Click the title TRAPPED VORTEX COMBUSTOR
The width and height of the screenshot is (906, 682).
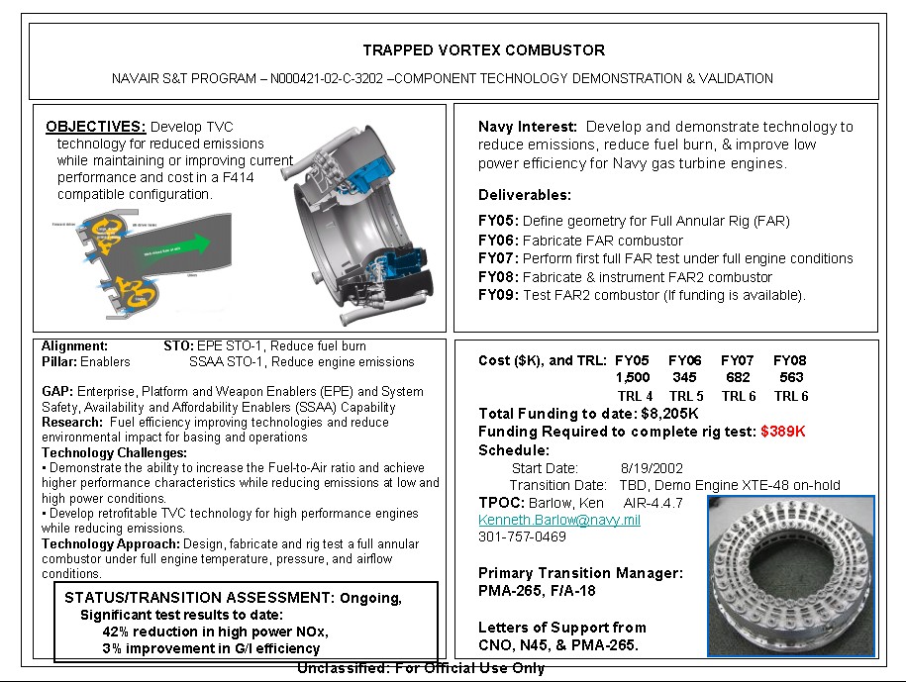click(x=483, y=50)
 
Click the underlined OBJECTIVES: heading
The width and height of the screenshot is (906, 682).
click(x=96, y=127)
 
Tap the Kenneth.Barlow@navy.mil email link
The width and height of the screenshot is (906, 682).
click(x=558, y=520)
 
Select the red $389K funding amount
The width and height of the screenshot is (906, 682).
click(x=782, y=432)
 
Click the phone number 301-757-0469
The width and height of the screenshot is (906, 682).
click(x=522, y=536)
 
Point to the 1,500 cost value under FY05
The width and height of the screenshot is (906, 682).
click(x=633, y=377)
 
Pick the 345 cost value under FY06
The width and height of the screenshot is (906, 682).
click(x=684, y=377)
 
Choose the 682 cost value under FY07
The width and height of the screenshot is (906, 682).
click(x=737, y=377)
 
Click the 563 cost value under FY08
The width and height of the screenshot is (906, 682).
click(x=790, y=377)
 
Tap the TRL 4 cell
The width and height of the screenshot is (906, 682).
click(x=633, y=396)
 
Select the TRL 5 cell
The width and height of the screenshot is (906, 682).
click(x=685, y=396)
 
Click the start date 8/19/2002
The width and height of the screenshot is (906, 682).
click(x=652, y=468)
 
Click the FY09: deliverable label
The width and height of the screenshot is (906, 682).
click(x=498, y=295)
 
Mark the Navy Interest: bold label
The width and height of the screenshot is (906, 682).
click(x=527, y=127)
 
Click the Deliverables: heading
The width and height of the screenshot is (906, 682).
click(x=525, y=195)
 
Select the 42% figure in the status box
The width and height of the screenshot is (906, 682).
click(x=117, y=632)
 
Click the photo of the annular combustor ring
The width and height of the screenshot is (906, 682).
click(x=790, y=575)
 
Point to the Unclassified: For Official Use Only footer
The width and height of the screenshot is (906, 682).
click(x=421, y=668)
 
